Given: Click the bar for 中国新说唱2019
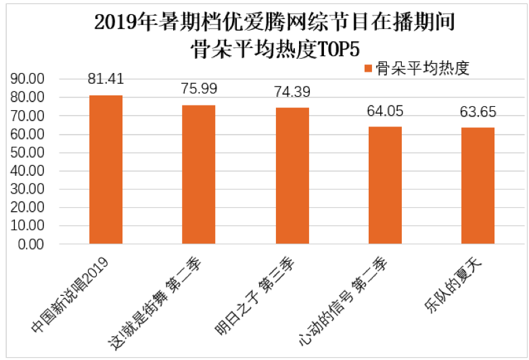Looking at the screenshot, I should coord(106,169).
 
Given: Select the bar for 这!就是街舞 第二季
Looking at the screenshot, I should coord(199,174).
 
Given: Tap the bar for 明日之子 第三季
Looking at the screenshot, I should coord(292,175).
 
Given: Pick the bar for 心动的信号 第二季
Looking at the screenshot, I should coord(385,185).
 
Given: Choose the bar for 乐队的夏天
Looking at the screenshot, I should coord(478,185).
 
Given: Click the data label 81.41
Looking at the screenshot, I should coord(106,79).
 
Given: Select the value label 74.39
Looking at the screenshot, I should coord(292,92).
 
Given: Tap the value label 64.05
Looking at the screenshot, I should coord(385,111).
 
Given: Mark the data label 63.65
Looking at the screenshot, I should coord(478,112).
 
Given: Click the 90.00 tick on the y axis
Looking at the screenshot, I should coord(28,79).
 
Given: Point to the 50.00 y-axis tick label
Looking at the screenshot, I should coord(28,153).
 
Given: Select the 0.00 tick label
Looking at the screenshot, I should coord(32,244).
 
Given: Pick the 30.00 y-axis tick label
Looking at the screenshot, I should coord(28,189).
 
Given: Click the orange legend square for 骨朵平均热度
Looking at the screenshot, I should coord(368,68).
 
